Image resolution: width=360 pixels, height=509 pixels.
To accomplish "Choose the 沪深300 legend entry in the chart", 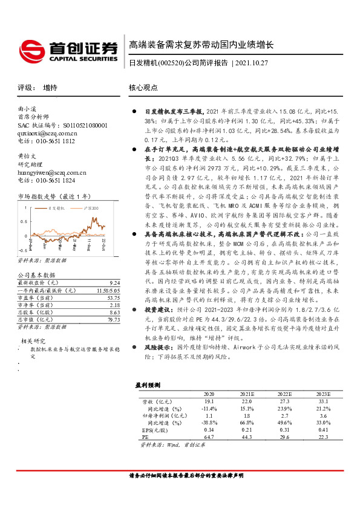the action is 93,208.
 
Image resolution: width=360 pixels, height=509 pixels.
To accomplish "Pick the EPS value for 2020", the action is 209,430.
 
